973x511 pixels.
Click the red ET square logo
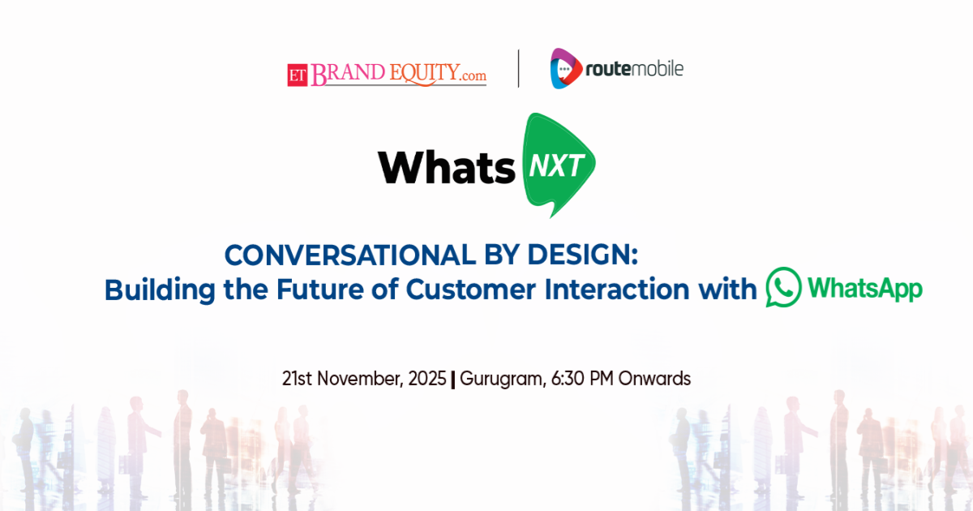tap(298, 75)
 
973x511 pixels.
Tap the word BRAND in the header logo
tap(348, 74)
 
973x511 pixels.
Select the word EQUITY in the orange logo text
tap(424, 73)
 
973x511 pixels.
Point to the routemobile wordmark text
tap(634, 69)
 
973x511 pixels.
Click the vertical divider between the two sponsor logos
tap(519, 69)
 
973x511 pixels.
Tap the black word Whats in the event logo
tap(447, 167)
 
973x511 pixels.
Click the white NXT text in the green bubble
tap(556, 165)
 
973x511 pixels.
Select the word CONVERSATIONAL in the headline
tap(350, 255)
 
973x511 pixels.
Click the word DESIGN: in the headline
tap(582, 255)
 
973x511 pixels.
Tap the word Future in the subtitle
tap(319, 290)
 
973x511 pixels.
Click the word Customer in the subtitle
tap(470, 290)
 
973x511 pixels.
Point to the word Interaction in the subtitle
tap(617, 290)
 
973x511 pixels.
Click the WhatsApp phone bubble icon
tap(783, 287)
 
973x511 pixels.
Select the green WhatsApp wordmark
tap(865, 289)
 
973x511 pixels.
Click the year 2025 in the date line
tap(427, 379)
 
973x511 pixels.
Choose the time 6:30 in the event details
tap(568, 379)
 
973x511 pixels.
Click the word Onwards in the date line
tap(654, 379)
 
